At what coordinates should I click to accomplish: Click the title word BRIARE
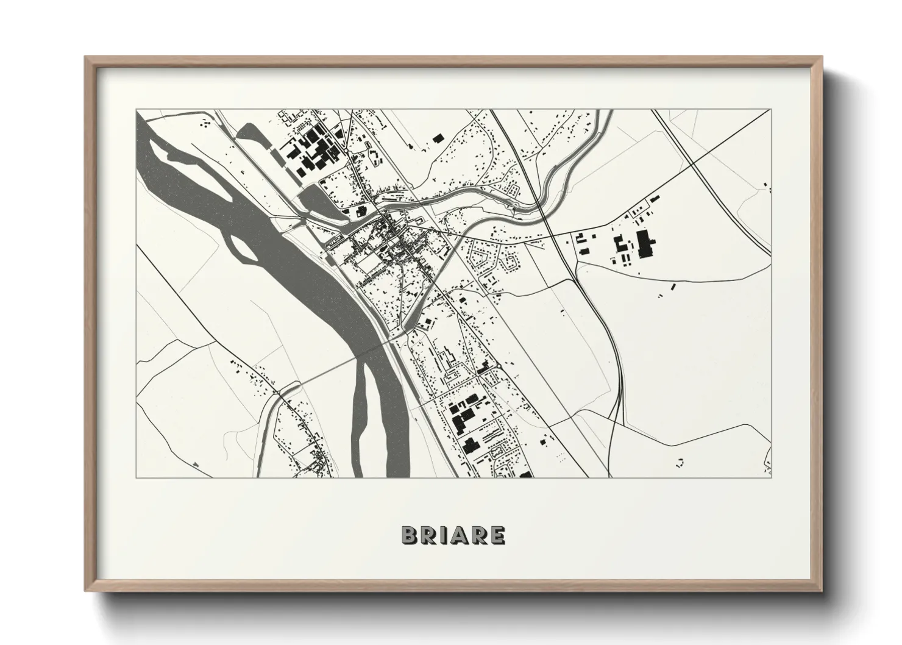click(x=452, y=535)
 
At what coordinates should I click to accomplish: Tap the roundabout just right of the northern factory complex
click(x=346, y=150)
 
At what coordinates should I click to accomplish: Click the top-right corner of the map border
click(x=770, y=110)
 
